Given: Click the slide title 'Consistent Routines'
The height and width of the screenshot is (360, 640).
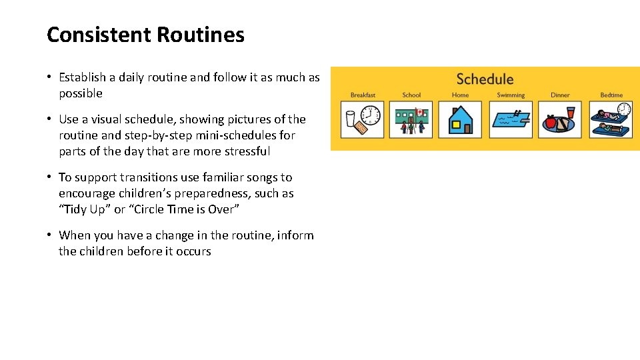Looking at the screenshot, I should click(x=145, y=35).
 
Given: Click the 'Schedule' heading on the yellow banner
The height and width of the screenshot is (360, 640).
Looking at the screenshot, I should click(x=485, y=79).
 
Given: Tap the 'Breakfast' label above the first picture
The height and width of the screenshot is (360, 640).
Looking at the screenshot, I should click(x=363, y=95).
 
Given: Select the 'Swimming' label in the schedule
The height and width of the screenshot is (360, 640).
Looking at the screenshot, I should click(x=511, y=95).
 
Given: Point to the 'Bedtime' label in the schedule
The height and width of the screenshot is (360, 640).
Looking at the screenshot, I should click(x=611, y=95).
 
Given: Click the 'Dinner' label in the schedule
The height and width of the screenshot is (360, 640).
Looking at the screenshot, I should click(x=560, y=95).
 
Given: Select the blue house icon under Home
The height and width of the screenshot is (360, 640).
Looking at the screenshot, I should click(x=460, y=120).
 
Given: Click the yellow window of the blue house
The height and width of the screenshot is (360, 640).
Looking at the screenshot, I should click(x=456, y=124).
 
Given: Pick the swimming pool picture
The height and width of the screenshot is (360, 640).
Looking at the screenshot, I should click(x=511, y=119).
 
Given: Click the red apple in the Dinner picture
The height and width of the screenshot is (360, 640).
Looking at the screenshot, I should click(x=551, y=122).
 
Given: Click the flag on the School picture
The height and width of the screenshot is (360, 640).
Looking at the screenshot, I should click(x=419, y=111).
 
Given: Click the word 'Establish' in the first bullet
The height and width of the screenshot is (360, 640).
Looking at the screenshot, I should click(x=83, y=77).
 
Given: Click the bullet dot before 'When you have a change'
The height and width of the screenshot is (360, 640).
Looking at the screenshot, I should click(x=50, y=235).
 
